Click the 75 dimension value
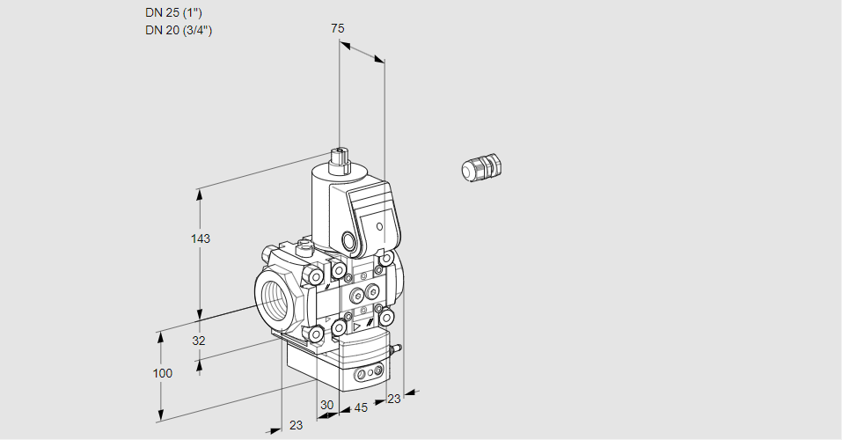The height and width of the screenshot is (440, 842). point(337,29)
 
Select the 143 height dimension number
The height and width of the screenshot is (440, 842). point(202,238)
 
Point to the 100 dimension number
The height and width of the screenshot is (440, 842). point(163,373)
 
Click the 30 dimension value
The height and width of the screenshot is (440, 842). point(327,405)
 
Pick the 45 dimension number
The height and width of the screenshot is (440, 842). point(360,407)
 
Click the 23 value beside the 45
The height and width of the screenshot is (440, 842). point(393,399)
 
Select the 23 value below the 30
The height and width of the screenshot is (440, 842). point(296,425)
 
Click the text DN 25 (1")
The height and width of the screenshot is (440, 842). point(178,12)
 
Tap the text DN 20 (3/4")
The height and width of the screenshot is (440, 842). point(179,30)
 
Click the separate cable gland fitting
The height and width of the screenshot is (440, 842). point(480,167)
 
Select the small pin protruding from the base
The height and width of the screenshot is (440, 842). point(396,349)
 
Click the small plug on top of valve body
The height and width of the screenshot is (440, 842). point(305,247)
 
